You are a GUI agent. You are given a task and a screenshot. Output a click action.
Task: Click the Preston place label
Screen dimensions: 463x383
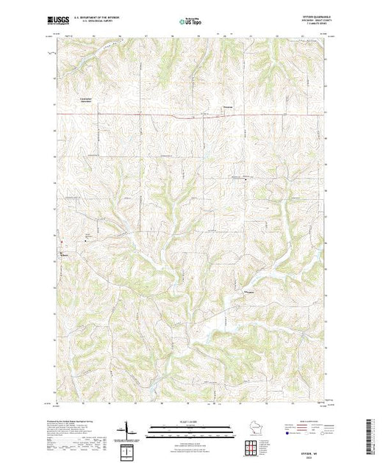tap(229, 111)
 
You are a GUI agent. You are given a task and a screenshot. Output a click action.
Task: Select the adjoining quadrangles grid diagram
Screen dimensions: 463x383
tap(254, 444)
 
